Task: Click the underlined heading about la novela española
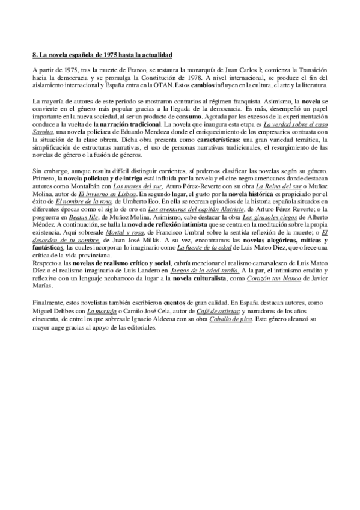(x=102, y=55)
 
